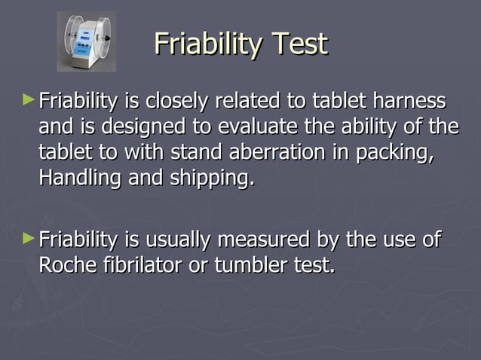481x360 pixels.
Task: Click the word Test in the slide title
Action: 299,44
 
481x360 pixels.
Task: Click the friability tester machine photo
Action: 87,41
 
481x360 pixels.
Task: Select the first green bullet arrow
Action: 29,99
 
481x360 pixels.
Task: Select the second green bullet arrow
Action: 29,239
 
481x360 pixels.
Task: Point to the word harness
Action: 408,100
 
